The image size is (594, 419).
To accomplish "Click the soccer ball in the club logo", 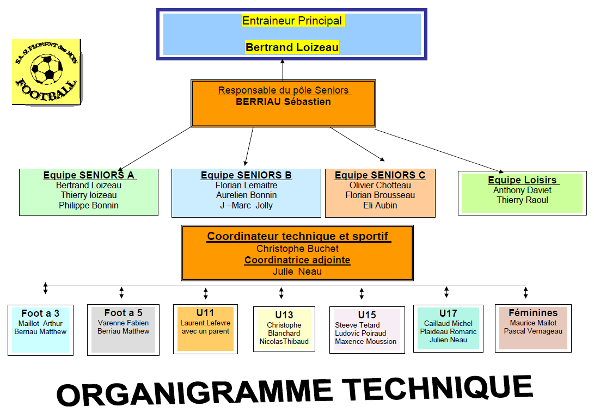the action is tap(47, 69).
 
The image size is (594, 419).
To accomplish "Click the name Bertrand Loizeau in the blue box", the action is tap(292, 47).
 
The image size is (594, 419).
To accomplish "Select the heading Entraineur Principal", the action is tap(292, 21).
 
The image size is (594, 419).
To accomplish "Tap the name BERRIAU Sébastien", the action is tap(283, 101).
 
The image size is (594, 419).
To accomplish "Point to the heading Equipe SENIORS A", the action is tap(89, 175).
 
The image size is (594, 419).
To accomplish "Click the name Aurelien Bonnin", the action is tap(246, 195).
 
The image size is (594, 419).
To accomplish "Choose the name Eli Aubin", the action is tap(380, 205).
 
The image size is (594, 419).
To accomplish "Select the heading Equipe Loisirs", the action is tap(522, 180).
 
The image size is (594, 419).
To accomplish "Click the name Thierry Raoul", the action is tap(522, 200).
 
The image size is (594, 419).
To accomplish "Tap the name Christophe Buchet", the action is tap(297, 249).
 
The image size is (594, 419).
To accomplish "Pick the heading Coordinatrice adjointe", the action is tap(297, 260).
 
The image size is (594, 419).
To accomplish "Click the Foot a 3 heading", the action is tap(40, 313).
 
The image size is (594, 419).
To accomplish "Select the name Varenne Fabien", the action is tap(123, 323).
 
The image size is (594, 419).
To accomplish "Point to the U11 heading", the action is tap(205, 313).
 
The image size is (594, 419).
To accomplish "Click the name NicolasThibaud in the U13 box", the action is tap(284, 341).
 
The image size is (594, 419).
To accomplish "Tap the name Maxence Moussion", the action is tap(365, 341).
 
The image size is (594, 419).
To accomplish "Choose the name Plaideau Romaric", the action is tap(448, 331).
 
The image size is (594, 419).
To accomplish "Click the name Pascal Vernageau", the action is tap(533, 331).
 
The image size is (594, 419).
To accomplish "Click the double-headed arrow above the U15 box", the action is tap(362, 293).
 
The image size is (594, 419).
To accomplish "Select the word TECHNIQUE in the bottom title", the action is tap(438, 389).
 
